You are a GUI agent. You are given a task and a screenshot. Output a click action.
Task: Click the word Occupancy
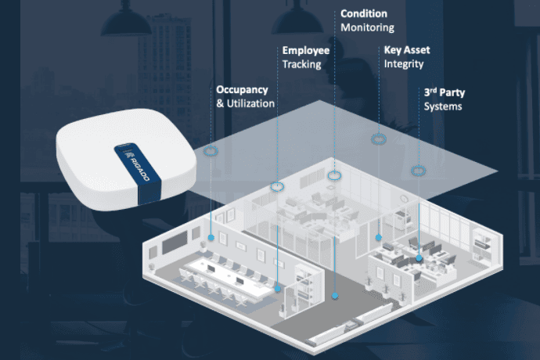click(x=243, y=90)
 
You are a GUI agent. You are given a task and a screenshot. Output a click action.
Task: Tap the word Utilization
click(x=250, y=103)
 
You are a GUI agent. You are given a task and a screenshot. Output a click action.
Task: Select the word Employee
click(x=306, y=51)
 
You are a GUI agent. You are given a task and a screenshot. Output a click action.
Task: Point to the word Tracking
click(x=302, y=64)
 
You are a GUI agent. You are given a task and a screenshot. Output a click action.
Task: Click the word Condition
click(x=364, y=13)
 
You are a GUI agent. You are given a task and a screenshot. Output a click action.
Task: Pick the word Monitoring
click(x=368, y=27)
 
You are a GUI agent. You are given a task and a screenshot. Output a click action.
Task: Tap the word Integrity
click(x=404, y=63)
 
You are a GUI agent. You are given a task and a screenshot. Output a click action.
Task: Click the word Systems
click(x=443, y=106)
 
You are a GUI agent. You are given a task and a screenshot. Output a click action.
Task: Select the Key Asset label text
click(x=407, y=50)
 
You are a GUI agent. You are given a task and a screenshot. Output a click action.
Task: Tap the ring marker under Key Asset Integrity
click(x=379, y=139)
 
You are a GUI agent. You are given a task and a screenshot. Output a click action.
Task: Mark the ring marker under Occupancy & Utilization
click(x=211, y=150)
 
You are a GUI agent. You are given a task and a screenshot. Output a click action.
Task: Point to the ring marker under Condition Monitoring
click(x=335, y=175)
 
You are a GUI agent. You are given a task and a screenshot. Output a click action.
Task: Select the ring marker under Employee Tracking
click(x=276, y=186)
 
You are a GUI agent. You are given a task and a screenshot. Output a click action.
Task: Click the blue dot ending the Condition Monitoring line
click(x=335, y=296)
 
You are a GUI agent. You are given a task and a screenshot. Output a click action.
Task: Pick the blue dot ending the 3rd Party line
click(x=419, y=257)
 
